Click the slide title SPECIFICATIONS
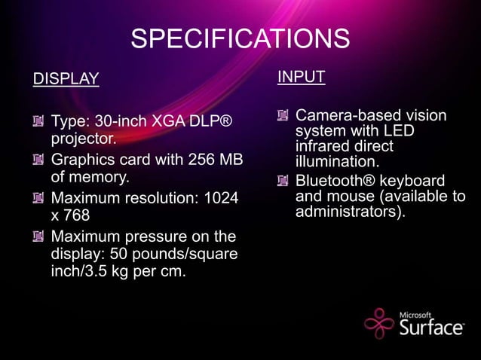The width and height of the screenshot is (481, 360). pyautogui.click(x=240, y=39)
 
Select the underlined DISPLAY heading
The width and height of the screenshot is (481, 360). pyautogui.click(x=66, y=79)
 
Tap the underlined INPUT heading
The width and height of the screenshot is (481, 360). pyautogui.click(x=301, y=77)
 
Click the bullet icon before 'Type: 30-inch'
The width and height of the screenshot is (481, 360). pyautogui.click(x=38, y=121)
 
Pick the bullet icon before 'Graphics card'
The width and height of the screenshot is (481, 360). pyautogui.click(x=38, y=160)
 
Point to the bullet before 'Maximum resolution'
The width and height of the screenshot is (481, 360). pyautogui.click(x=38, y=199)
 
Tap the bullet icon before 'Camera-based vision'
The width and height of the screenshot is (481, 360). pyautogui.click(x=283, y=116)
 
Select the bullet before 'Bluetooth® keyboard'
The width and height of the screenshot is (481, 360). pyautogui.click(x=283, y=181)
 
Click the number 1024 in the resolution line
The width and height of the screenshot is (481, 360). pyautogui.click(x=222, y=199)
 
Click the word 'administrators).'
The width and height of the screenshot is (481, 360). pyautogui.click(x=351, y=212)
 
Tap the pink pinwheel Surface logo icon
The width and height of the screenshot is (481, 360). pyautogui.click(x=379, y=324)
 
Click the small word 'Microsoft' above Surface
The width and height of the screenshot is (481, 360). pyautogui.click(x=415, y=315)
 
